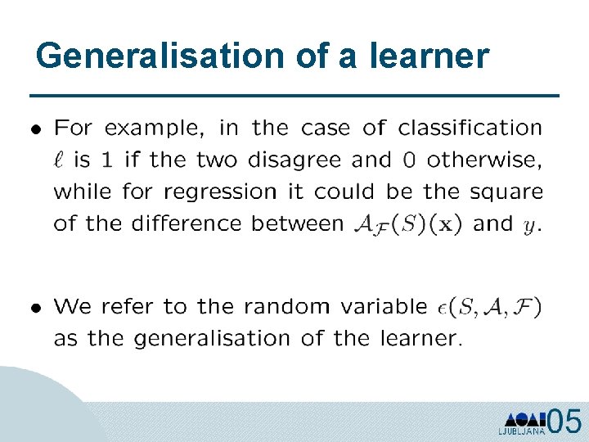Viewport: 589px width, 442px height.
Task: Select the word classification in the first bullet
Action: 470,129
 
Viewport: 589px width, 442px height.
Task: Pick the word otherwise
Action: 485,160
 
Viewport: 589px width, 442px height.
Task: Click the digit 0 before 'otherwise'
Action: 414,160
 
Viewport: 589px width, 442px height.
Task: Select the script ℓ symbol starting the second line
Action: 60,160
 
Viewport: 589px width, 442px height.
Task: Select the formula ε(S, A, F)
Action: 489,308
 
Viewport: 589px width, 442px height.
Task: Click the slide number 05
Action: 565,422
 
